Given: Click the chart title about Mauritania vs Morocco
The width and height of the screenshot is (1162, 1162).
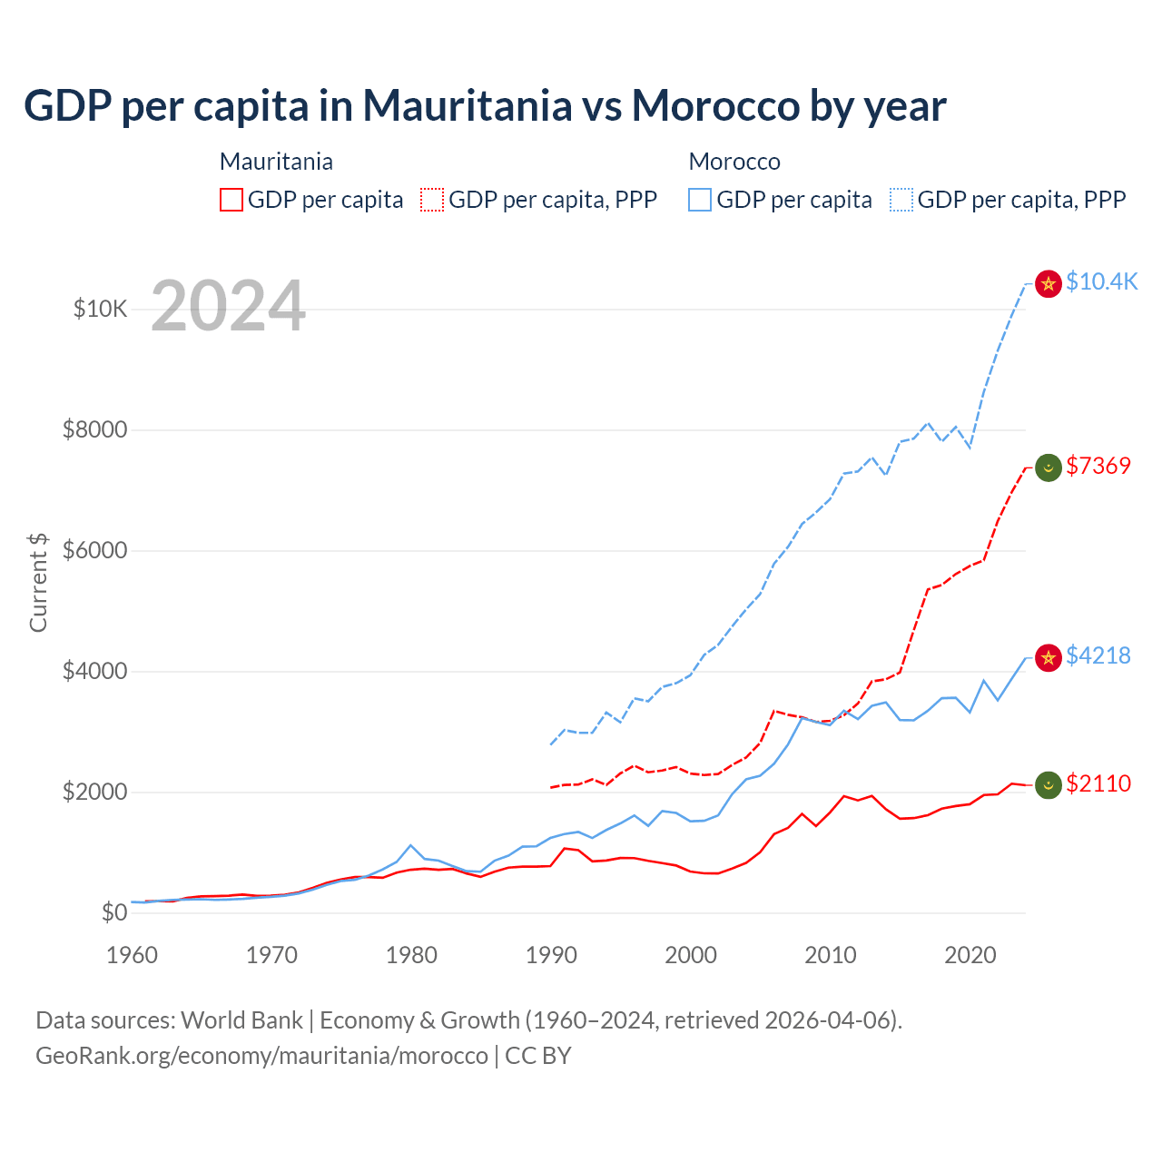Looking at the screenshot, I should [x=485, y=106].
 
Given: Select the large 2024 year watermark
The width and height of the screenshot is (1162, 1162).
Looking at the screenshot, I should [x=228, y=307].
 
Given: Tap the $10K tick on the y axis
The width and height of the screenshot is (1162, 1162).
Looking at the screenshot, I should [x=100, y=310].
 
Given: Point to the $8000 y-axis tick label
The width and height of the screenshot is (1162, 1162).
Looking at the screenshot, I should [x=94, y=430].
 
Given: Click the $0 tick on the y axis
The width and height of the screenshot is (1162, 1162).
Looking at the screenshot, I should [x=113, y=913].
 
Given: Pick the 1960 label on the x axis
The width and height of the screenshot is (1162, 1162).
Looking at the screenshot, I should [x=132, y=955].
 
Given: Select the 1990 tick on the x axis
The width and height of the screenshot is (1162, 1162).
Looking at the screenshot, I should [x=551, y=955].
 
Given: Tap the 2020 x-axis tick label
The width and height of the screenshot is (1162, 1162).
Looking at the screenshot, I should [x=970, y=955].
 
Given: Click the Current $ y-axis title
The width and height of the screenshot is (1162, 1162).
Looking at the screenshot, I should [x=38, y=583].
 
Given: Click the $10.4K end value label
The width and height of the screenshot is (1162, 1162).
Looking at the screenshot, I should [x=1101, y=282].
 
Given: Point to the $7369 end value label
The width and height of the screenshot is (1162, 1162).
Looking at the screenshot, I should [x=1098, y=467].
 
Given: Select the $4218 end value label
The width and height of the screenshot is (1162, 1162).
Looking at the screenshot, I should [x=1098, y=655].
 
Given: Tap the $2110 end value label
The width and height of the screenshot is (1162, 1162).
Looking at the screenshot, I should [x=1098, y=784].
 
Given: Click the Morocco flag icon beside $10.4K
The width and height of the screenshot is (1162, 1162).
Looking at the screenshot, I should [x=1049, y=284].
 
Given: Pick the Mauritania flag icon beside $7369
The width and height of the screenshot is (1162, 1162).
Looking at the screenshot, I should [x=1049, y=468].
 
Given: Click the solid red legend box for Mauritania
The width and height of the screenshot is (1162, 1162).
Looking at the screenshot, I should [x=231, y=200].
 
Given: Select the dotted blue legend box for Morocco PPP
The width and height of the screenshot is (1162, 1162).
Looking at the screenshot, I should [x=901, y=200].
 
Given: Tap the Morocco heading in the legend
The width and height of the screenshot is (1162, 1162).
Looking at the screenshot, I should [x=734, y=162].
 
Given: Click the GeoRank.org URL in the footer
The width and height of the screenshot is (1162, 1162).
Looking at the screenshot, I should [x=261, y=1056].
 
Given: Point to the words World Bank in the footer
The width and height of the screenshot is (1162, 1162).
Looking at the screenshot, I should [x=241, y=1020].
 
